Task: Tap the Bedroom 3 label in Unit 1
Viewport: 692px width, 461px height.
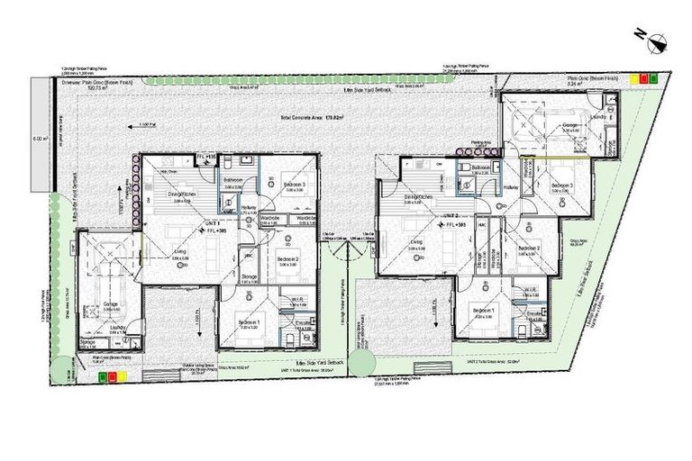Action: coord(290,185)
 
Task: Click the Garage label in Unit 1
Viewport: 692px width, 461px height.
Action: coord(110,304)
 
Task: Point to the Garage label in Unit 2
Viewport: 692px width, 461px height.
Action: coord(570,125)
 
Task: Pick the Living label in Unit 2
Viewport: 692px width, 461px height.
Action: coord(416,241)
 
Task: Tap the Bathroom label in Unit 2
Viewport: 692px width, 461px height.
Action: coord(479,167)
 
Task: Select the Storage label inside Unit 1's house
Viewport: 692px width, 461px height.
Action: coord(249,276)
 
